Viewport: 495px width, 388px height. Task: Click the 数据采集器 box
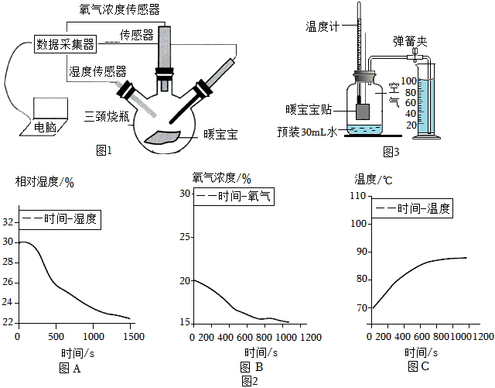tap(65, 44)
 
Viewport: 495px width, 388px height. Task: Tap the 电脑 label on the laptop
tap(45, 128)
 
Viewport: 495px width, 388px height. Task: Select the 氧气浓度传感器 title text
tap(120, 9)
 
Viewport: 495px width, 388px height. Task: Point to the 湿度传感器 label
tap(98, 72)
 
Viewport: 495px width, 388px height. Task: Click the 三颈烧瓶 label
tap(107, 116)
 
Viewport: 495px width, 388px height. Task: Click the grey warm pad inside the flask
tap(162, 137)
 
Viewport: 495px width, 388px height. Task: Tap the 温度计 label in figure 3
tap(323, 26)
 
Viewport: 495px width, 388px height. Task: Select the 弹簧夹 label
tap(410, 42)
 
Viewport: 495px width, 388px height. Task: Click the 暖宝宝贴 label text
tap(309, 109)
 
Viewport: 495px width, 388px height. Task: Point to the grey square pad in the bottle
tap(363, 112)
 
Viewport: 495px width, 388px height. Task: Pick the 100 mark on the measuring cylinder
tap(409, 81)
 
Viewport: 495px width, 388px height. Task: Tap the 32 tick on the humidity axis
tap(8, 222)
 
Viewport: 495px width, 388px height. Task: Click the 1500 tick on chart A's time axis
tap(134, 336)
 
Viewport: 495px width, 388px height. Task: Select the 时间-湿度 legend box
tap(60, 219)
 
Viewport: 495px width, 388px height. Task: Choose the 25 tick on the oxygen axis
tap(186, 237)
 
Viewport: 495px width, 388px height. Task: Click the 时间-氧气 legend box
tap(234, 197)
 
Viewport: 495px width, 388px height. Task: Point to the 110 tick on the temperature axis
tap(358, 196)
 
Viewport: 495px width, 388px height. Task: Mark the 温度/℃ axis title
tap(374, 180)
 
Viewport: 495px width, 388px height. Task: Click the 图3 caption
tap(391, 152)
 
